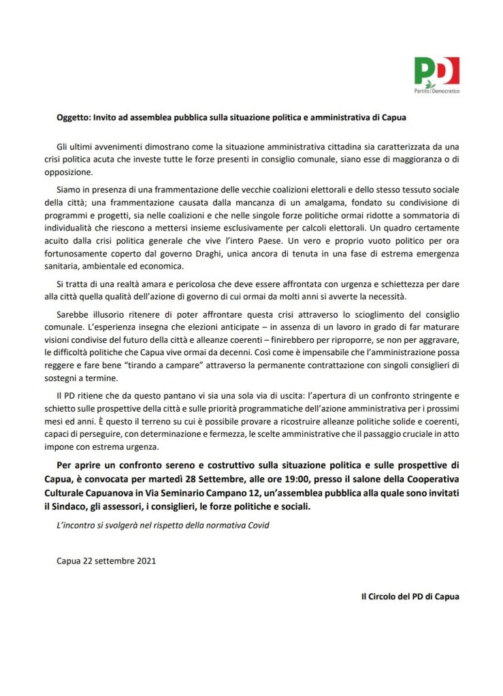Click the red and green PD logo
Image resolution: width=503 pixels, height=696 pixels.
pos(436,70)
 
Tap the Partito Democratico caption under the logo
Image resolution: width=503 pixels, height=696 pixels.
pos(436,90)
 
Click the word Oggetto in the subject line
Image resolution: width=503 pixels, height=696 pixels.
pos(74,117)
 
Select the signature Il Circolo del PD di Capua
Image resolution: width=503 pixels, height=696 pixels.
pos(410,596)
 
